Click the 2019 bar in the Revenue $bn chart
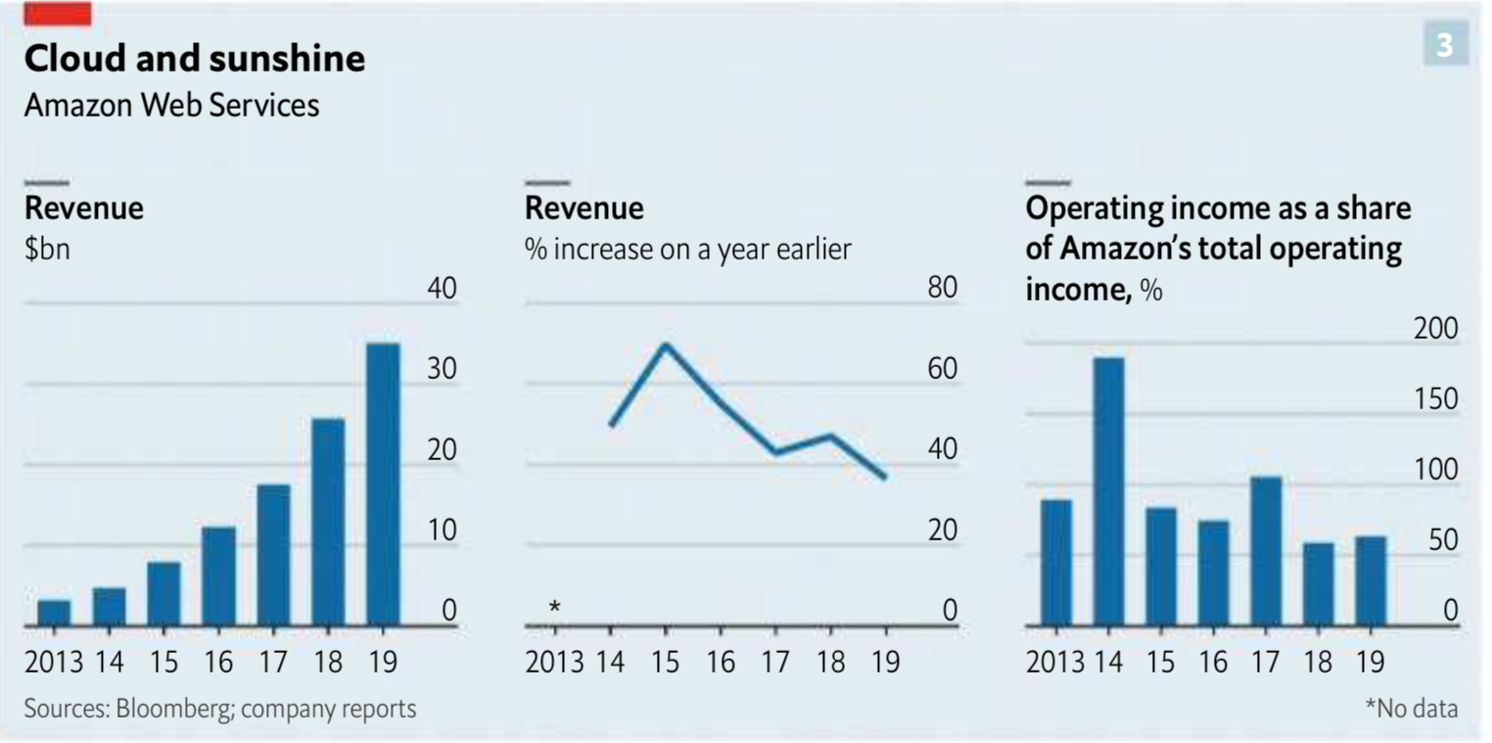pyautogui.click(x=383, y=484)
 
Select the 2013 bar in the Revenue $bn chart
pyautogui.click(x=54, y=613)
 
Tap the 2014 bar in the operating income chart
pyautogui.click(x=1108, y=491)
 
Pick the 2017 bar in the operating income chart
pyautogui.click(x=1266, y=550)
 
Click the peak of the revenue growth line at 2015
pyautogui.click(x=666, y=345)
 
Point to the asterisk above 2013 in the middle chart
pyautogui.click(x=555, y=608)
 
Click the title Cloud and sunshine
pyautogui.click(x=194, y=59)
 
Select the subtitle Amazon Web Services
pyautogui.click(x=171, y=105)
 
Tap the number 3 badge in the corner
pyautogui.click(x=1445, y=44)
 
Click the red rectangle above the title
pyautogui.click(x=57, y=14)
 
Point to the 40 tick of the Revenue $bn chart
pyautogui.click(x=443, y=290)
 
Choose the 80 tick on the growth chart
pyautogui.click(x=942, y=290)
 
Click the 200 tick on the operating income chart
pyautogui.click(x=1435, y=330)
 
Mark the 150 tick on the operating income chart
pyautogui.click(x=1435, y=400)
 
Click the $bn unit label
pyautogui.click(x=47, y=250)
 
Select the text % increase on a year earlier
pyautogui.click(x=687, y=250)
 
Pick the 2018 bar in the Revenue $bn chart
pyautogui.click(x=328, y=522)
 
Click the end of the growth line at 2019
pyautogui.click(x=885, y=478)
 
